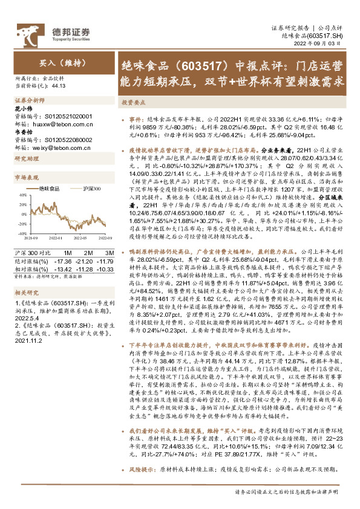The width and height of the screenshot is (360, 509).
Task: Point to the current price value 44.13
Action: (x=59, y=86)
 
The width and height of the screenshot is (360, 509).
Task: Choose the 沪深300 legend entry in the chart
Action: (x=90, y=189)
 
